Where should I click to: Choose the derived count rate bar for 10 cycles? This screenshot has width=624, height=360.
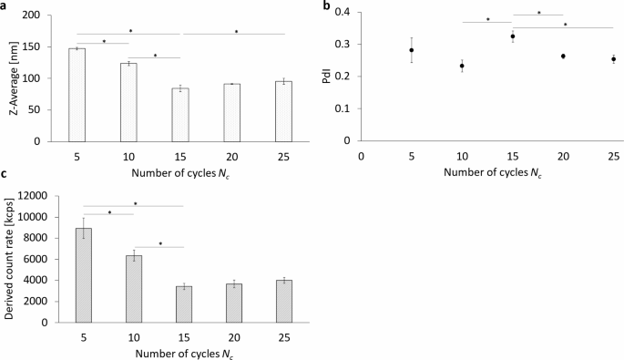tap(133, 289)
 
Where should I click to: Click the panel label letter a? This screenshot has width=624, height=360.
tap(5, 6)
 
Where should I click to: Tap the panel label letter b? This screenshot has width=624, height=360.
tap(326, 6)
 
